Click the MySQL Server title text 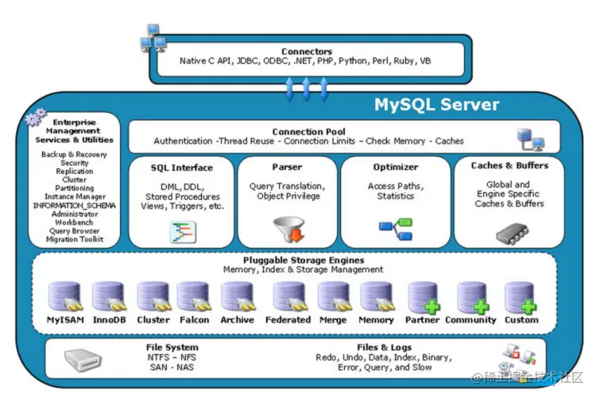tap(436, 105)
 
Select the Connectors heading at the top tap(306, 52)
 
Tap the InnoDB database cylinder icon tap(108, 297)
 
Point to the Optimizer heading tap(395, 168)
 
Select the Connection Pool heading tap(308, 132)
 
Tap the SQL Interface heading tap(181, 168)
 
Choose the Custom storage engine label tap(521, 320)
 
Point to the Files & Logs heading tap(385, 348)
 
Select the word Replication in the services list tap(74, 172)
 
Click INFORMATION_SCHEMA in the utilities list tap(74, 206)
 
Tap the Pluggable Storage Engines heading tap(304, 260)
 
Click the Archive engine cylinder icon tap(238, 297)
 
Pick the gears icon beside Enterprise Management tap(36, 119)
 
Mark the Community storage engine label tap(470, 320)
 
